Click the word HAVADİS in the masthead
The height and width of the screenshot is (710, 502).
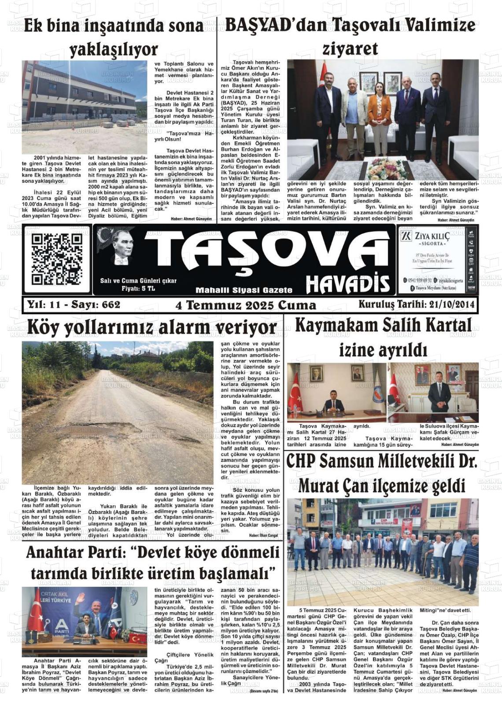348,284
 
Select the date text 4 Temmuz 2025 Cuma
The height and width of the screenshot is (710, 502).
246,305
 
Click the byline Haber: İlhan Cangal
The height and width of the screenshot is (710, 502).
263,536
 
